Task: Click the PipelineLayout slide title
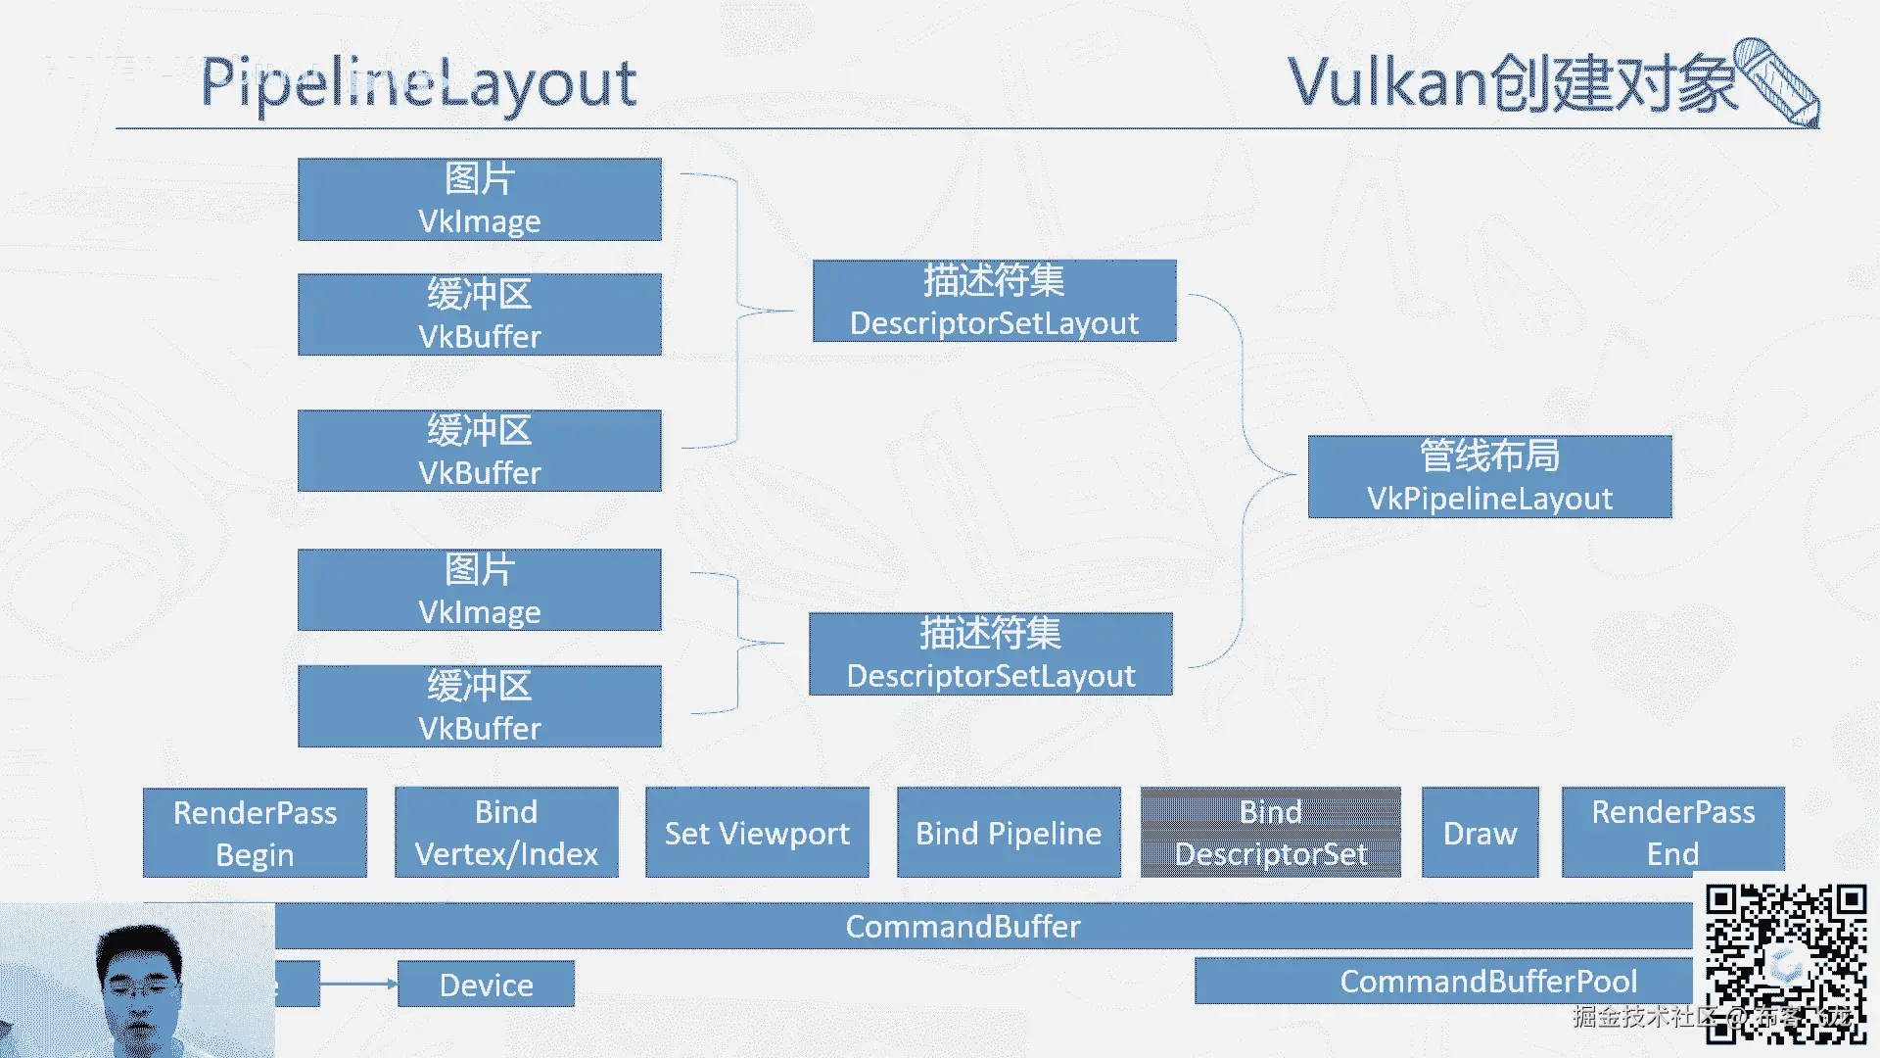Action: (x=418, y=82)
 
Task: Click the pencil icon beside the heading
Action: (x=1777, y=82)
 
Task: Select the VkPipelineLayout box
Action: (x=1489, y=477)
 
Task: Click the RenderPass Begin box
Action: (x=255, y=833)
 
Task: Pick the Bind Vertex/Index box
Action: (x=506, y=833)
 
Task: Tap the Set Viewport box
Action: (x=757, y=833)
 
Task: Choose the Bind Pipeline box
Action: (x=1009, y=833)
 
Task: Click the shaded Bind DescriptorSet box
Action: (x=1270, y=833)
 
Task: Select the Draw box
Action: (x=1480, y=833)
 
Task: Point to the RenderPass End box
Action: (x=1672, y=833)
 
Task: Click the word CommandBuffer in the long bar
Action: (x=963, y=926)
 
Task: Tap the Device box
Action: (x=486, y=984)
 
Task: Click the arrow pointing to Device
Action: (x=358, y=984)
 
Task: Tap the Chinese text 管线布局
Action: (x=1489, y=456)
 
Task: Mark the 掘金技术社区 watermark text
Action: (x=1645, y=1017)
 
